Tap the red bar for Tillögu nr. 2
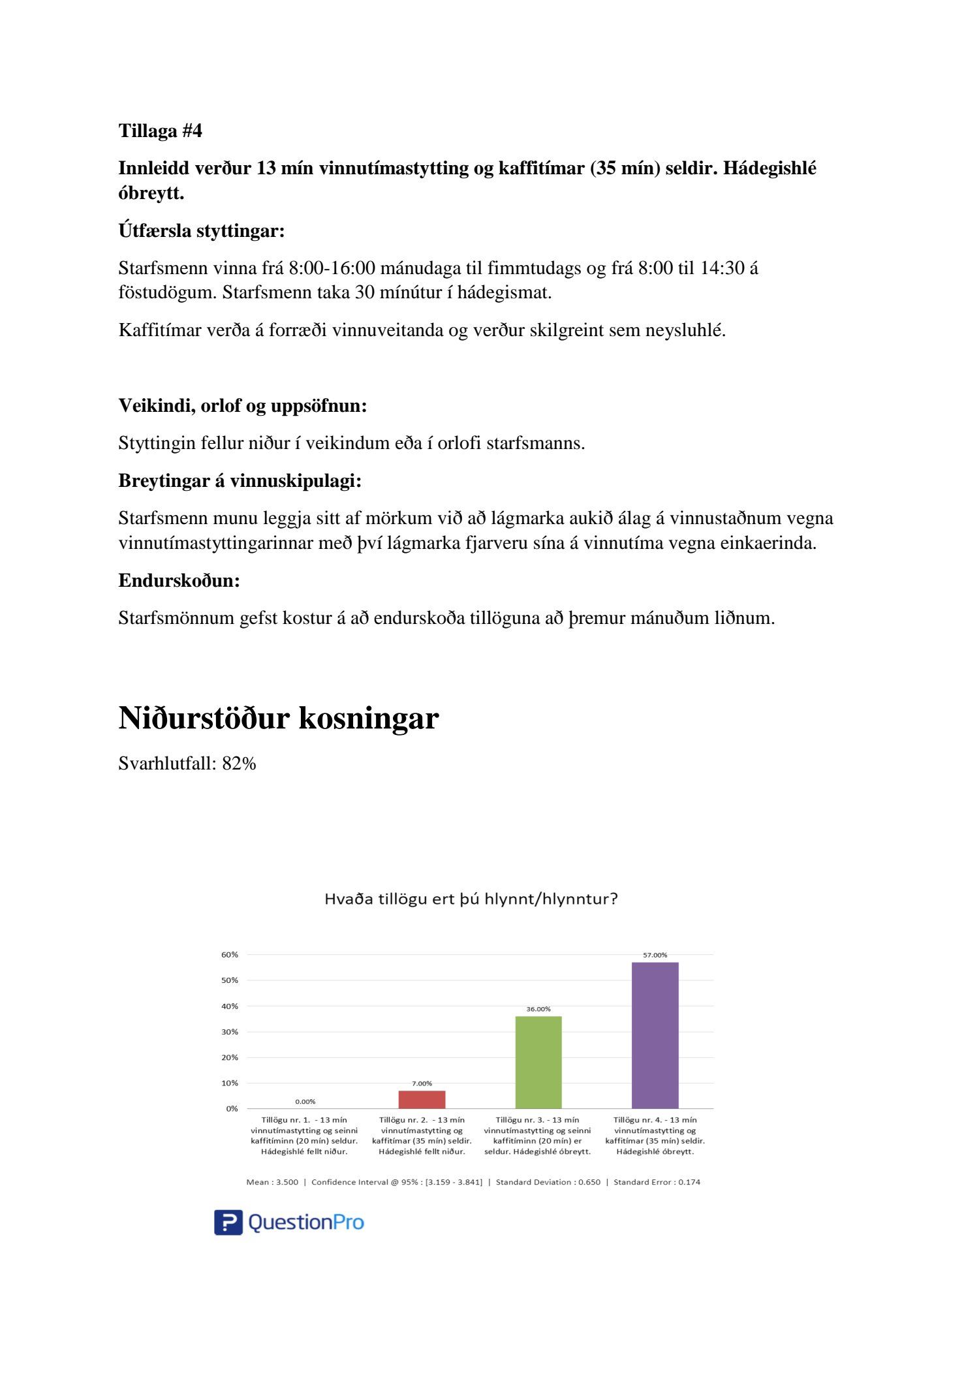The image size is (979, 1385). [x=422, y=1100]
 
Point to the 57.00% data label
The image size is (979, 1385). [x=655, y=955]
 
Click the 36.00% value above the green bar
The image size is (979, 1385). [x=538, y=1009]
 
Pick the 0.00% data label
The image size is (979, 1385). [x=305, y=1102]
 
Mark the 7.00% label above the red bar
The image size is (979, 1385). [x=422, y=1083]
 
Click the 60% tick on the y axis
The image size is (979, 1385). [x=230, y=954]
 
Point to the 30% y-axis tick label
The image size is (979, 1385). [x=230, y=1032]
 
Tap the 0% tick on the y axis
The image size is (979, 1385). [x=232, y=1108]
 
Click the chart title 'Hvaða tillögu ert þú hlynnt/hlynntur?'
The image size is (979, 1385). [x=471, y=899]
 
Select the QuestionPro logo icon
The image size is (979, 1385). [x=228, y=1222]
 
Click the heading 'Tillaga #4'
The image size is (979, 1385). [x=160, y=131]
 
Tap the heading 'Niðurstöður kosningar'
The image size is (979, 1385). [x=278, y=718]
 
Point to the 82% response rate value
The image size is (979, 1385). [x=239, y=763]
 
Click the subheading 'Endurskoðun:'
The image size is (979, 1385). [x=179, y=580]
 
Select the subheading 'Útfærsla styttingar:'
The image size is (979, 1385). [x=201, y=230]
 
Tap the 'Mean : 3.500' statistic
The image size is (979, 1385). [x=272, y=1182]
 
